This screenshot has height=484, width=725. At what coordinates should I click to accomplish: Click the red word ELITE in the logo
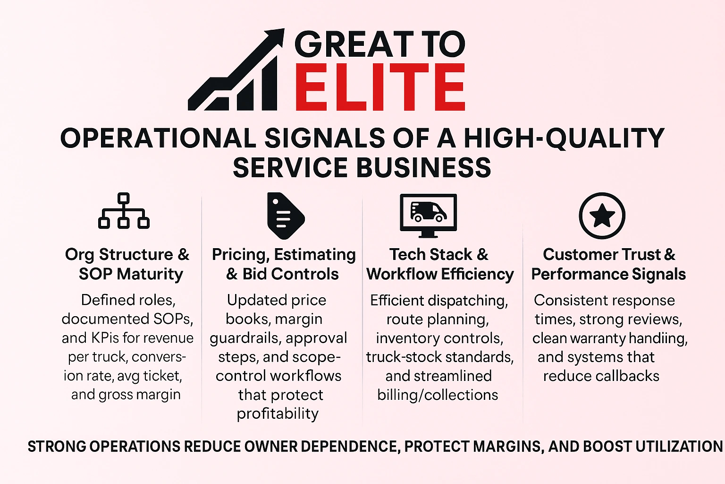coord(380,88)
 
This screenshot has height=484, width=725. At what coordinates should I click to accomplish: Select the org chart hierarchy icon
coord(124,211)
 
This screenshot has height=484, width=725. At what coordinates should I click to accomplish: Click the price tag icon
coord(285,216)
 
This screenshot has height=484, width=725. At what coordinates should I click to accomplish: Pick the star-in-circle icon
coord(602,216)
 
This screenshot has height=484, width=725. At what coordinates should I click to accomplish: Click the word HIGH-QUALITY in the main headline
coord(564,138)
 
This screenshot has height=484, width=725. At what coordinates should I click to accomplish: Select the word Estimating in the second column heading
coord(315,254)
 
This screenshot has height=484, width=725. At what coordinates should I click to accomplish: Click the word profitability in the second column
coord(278,414)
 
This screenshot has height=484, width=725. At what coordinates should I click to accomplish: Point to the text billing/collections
coord(438,395)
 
